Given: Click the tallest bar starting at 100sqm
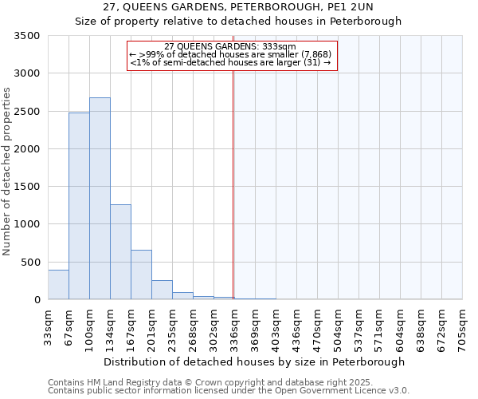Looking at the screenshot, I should tap(100, 199).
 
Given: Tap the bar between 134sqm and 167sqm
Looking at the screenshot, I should tap(120, 252).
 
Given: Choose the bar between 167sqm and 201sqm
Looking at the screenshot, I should tap(141, 275).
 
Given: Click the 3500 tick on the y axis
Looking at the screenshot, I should tap(27, 36).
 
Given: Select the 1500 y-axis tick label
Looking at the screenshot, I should tap(27, 187).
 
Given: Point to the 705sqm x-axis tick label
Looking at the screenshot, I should tap(463, 327).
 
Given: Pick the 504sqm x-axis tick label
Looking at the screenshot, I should tap(339, 327).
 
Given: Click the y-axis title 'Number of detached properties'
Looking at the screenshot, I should tap(7, 172).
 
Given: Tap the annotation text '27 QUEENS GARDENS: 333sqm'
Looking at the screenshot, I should tap(230, 46).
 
